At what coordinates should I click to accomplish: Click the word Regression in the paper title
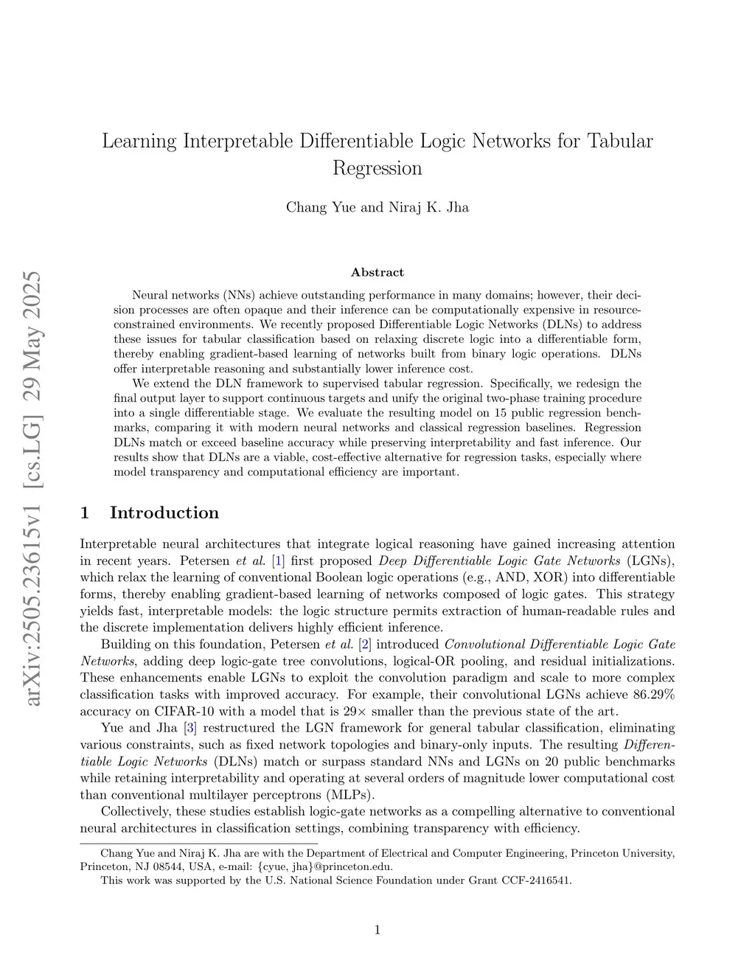pos(377,169)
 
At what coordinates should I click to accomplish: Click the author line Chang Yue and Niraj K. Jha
pos(377,207)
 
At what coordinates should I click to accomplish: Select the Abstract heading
pos(377,273)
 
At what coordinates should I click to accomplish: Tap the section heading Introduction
pos(164,513)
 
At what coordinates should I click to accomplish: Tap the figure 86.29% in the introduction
pos(654,695)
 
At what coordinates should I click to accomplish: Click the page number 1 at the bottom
pos(377,931)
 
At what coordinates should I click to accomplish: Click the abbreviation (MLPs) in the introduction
pos(349,795)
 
